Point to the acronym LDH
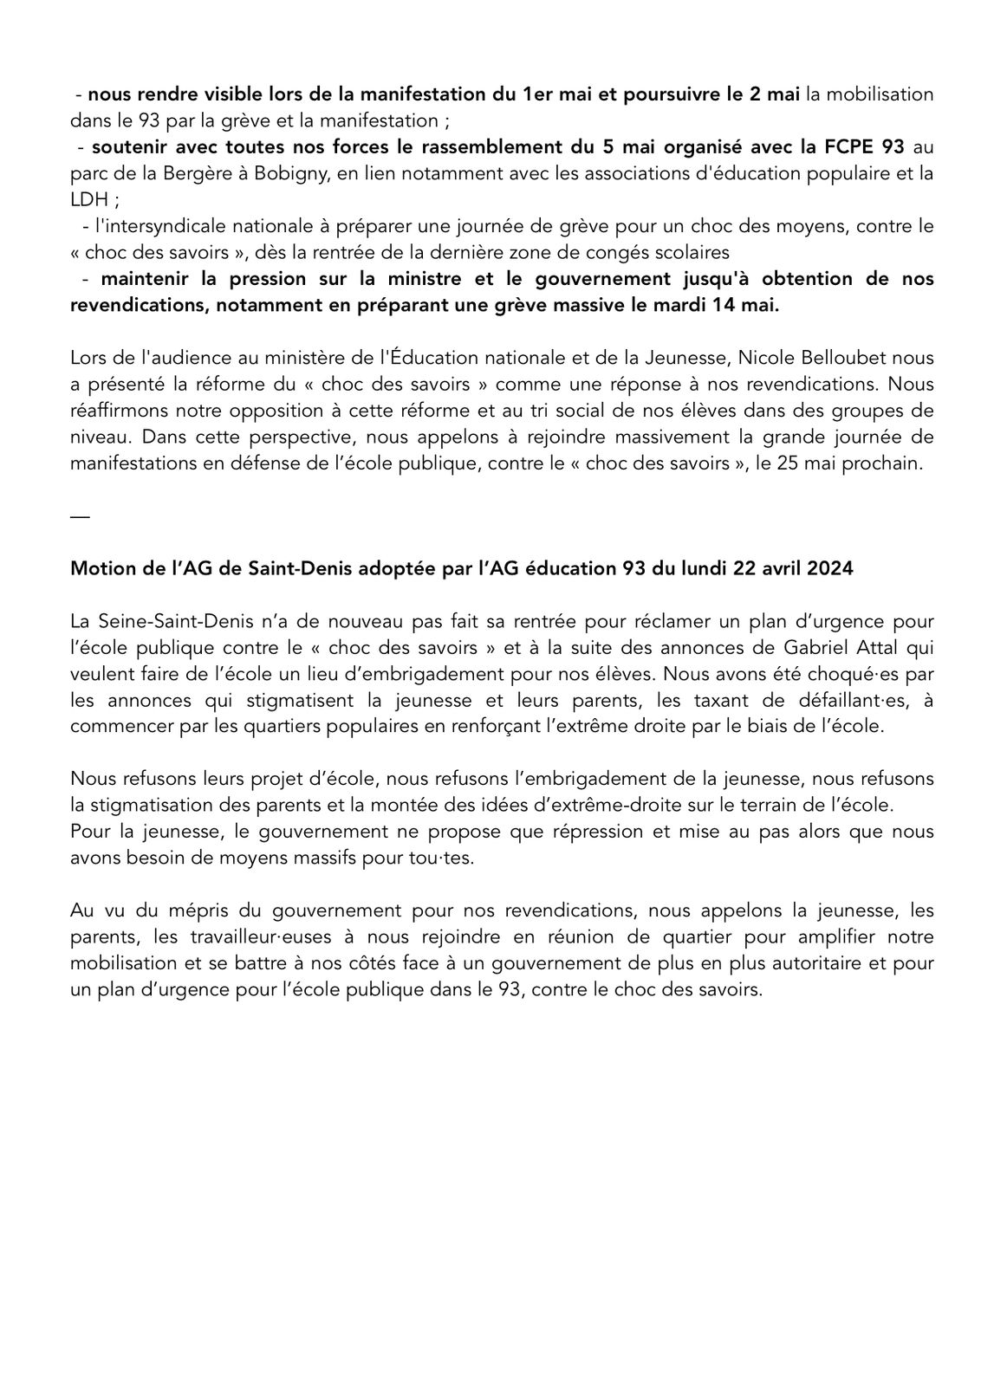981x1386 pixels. click(x=88, y=200)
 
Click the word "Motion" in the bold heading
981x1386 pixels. click(x=98, y=568)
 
